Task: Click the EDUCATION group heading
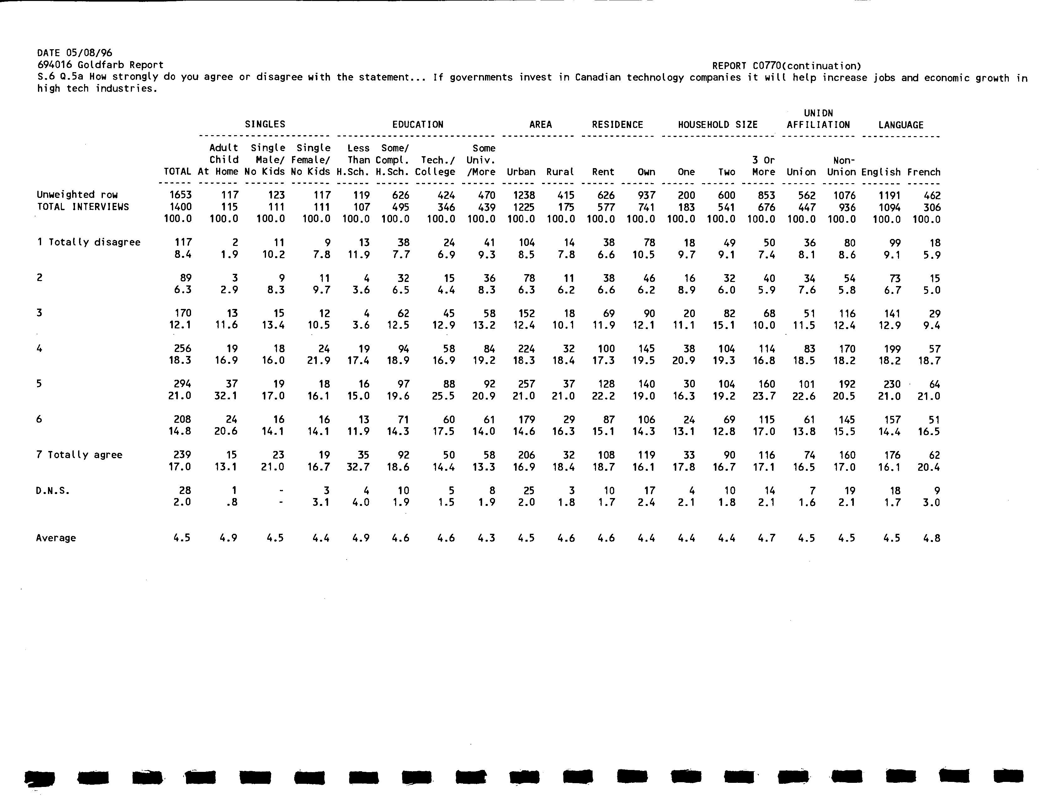click(418, 125)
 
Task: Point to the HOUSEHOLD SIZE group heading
click(717, 125)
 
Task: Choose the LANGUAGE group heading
click(900, 125)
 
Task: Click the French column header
click(923, 172)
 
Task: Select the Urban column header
click(521, 172)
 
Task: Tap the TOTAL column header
click(177, 172)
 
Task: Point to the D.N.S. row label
click(53, 491)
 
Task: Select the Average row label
click(56, 538)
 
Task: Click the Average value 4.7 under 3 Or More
click(766, 538)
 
